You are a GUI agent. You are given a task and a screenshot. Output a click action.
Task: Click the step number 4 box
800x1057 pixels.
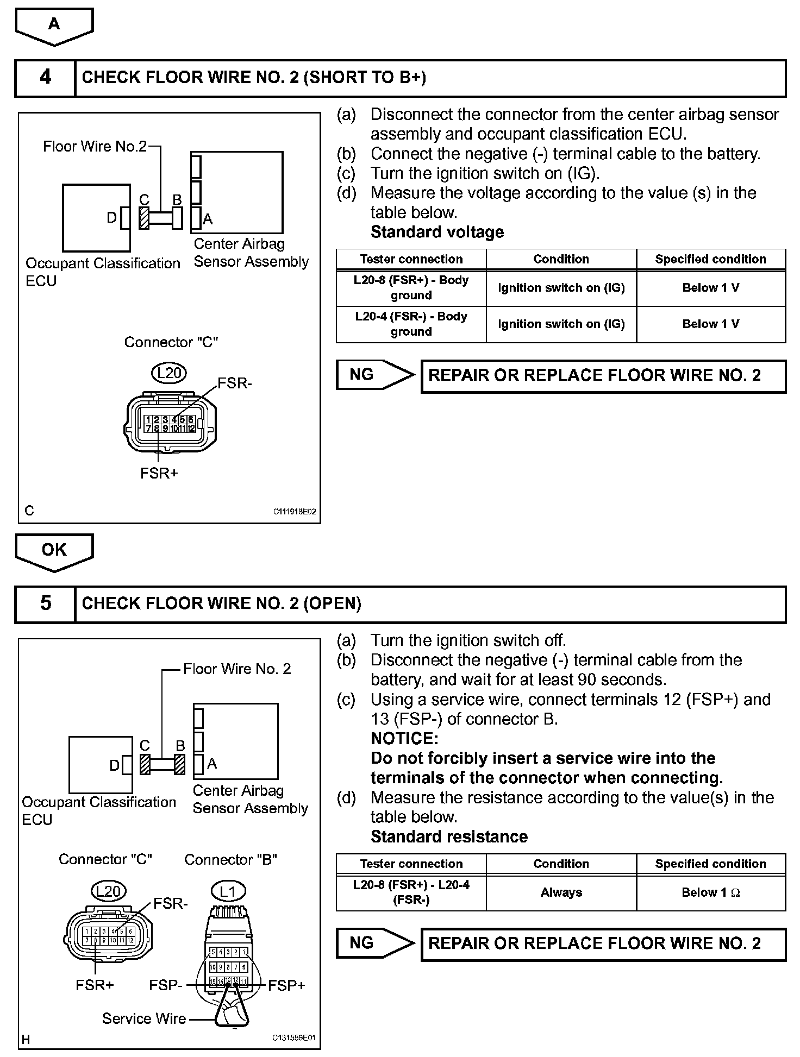45,78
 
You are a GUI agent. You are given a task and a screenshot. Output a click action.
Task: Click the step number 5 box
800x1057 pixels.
45,603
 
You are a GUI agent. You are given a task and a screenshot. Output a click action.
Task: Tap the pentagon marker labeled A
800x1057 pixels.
54,25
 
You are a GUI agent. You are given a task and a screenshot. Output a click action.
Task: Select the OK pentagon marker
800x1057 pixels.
54,551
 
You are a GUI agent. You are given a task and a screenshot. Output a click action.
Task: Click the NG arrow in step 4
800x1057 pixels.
375,375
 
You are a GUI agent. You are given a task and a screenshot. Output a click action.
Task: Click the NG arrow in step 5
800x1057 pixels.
375,943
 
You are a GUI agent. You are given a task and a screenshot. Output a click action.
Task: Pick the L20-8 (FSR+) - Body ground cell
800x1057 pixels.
411,288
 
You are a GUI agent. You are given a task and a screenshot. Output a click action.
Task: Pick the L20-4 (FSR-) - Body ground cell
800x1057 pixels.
411,324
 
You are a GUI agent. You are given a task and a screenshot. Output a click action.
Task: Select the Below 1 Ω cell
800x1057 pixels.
711,892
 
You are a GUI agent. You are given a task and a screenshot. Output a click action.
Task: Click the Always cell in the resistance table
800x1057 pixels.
561,892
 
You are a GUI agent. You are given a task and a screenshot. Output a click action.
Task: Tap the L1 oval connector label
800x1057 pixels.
228,891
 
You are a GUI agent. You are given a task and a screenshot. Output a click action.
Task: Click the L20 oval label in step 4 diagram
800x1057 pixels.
169,373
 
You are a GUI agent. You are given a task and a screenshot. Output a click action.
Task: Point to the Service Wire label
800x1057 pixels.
144,1019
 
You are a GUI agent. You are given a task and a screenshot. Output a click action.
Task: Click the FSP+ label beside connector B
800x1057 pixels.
286,985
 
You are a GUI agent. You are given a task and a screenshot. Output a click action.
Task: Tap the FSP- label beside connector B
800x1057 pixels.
165,985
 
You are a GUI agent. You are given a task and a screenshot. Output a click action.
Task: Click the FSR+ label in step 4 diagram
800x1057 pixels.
159,474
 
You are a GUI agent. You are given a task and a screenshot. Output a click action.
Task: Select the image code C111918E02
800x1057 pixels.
294,512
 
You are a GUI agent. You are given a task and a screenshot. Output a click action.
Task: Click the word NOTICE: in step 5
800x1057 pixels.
404,739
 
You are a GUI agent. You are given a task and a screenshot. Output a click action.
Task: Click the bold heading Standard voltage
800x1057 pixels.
437,232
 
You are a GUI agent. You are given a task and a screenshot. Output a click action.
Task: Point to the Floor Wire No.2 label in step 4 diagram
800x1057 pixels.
95,147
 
